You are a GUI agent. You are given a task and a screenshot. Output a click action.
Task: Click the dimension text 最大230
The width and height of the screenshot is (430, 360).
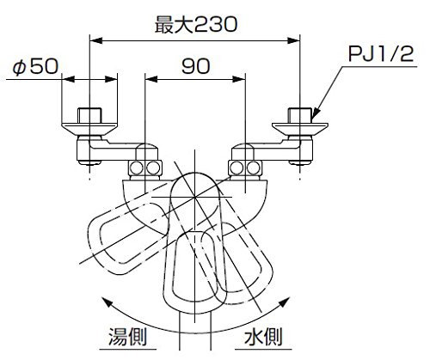pos(196,24)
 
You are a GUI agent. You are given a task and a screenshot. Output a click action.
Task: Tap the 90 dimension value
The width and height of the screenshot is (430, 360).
pos(196,66)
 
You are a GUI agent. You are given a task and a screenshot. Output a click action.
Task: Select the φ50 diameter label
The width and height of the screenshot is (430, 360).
pos(35,67)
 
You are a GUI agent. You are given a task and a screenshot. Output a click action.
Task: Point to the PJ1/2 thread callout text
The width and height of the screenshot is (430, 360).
pos(381,54)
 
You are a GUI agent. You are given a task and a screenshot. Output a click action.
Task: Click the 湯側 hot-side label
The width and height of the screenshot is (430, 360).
pos(127,337)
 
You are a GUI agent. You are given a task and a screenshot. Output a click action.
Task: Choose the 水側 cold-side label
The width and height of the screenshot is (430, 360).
pos(263,337)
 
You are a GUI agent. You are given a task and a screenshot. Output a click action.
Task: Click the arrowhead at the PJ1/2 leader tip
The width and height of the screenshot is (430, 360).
pos(315,113)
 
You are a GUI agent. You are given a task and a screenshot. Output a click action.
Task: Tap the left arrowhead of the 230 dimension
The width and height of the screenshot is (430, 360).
pos(96,40)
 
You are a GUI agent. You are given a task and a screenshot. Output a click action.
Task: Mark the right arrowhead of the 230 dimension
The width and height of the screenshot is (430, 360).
pos(293,40)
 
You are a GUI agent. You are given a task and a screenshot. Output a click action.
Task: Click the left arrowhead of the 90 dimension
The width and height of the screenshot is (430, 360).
pos(151,79)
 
